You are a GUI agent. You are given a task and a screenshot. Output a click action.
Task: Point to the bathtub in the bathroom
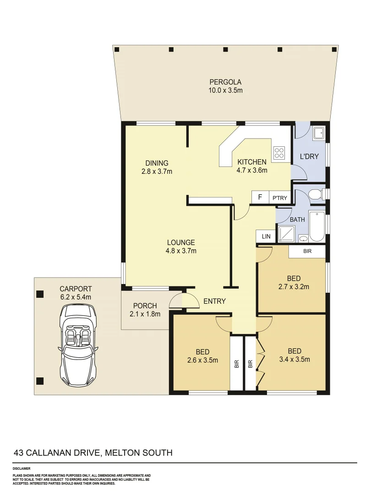coord(316,226)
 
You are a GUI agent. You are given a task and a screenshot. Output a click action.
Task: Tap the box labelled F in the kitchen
coord(260,197)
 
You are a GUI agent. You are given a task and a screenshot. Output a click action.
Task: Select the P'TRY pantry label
coord(279,198)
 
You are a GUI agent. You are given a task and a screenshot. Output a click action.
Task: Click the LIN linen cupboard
coord(266,236)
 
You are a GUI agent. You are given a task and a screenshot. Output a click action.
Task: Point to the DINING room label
coord(157,167)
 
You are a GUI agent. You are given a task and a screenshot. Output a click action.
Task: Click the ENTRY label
coord(214,301)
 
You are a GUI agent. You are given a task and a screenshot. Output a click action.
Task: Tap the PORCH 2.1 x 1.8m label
coord(145,310)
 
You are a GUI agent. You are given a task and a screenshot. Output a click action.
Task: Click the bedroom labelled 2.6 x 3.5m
coord(202,356)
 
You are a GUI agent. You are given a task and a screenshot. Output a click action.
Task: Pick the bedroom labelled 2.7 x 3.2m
coord(294,283)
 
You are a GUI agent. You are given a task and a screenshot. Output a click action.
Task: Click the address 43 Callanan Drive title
coord(93,453)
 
